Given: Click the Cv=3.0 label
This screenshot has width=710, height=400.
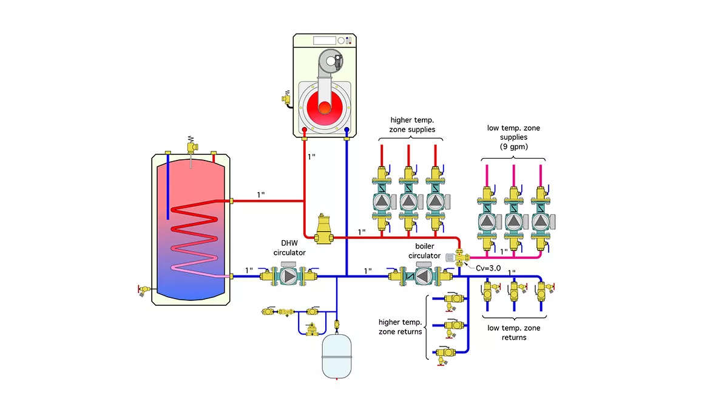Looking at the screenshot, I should [489, 267].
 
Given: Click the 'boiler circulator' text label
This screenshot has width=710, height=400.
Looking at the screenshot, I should [424, 251].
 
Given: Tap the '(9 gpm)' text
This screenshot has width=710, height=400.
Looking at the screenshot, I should [513, 146].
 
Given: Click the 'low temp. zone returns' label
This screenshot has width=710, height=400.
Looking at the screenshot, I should [514, 333].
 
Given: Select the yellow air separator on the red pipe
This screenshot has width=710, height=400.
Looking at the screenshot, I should [322, 229].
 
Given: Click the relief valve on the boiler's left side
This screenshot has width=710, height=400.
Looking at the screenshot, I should [286, 98].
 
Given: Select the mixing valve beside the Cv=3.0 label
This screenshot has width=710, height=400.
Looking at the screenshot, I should [459, 260].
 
